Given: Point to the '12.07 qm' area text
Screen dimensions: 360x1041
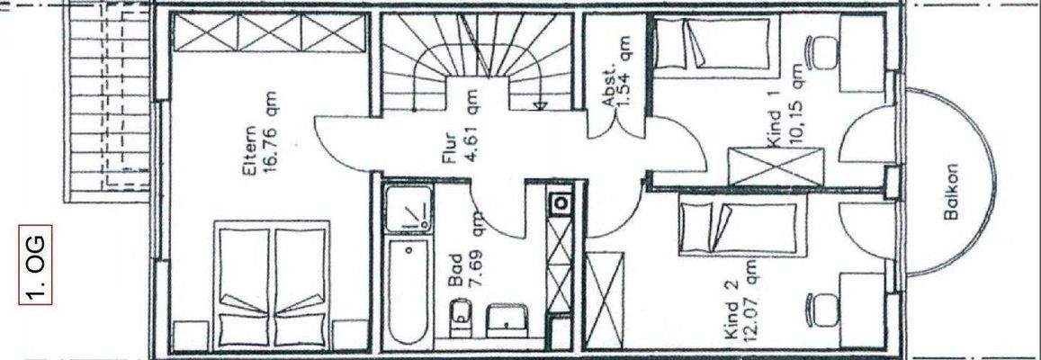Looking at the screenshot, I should click(749, 296).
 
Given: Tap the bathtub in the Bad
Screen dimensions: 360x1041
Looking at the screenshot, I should click(408, 292).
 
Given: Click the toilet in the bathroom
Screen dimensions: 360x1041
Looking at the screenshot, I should click(458, 317).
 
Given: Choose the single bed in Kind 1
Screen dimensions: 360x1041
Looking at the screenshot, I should click(711, 44).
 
